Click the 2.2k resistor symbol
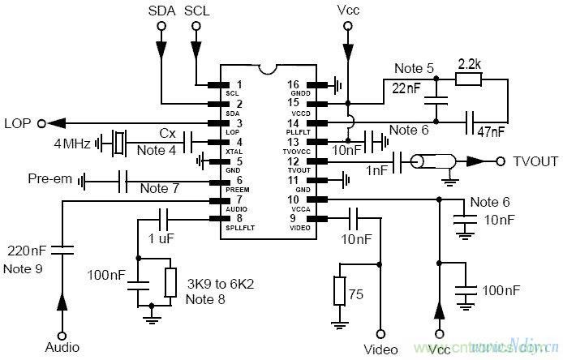(469, 79)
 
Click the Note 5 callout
(412, 67)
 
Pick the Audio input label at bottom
(62, 347)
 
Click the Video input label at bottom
(380, 349)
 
